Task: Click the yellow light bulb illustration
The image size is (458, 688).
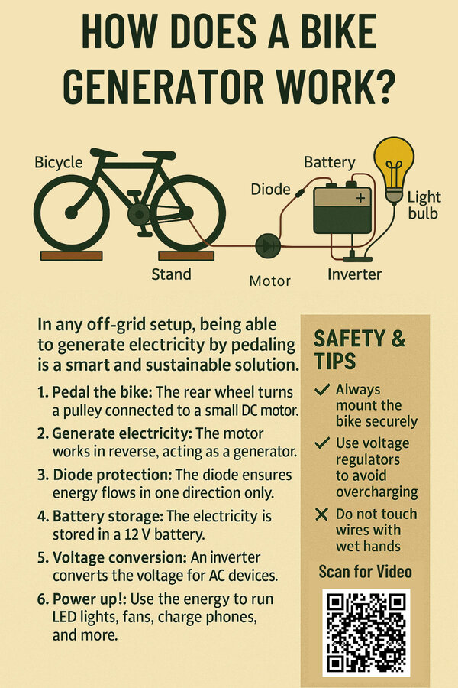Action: point(394,169)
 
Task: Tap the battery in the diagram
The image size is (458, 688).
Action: point(342,209)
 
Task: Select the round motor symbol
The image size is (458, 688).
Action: point(268,246)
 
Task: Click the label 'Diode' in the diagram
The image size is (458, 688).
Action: point(270,190)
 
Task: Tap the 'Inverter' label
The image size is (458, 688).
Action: point(354,274)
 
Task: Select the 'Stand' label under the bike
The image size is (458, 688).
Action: point(171,274)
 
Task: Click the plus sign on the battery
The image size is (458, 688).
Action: point(360,197)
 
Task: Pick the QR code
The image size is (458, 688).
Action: point(366,632)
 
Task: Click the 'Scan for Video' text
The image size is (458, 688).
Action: point(365,572)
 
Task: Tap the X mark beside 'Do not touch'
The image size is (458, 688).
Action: point(321,514)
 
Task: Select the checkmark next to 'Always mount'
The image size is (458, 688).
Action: point(322,389)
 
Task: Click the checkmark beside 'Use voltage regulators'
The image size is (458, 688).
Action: point(322,443)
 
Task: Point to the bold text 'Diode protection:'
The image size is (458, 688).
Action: point(113,475)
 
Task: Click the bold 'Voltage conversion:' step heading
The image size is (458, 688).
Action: point(120,557)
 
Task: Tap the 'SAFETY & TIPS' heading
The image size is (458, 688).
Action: point(360,350)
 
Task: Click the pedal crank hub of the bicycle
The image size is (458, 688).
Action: point(139,214)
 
